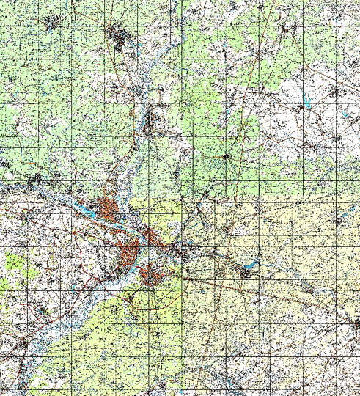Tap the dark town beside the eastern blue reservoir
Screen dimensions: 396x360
pos(243,273)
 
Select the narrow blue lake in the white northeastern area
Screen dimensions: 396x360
pos(308,102)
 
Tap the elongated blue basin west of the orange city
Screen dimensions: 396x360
pos(86,212)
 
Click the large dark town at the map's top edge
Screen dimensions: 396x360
pos(118,36)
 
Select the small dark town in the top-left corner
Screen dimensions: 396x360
pos(51,23)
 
